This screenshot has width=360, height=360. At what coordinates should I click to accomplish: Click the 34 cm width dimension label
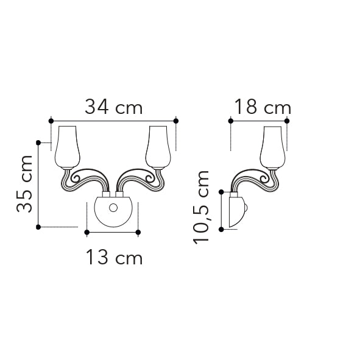click(x=114, y=107)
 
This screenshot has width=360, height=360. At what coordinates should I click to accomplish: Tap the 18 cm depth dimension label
click(x=263, y=107)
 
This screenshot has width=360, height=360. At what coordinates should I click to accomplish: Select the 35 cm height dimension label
click(x=24, y=184)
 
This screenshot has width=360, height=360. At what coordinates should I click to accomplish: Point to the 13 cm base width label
click(x=115, y=258)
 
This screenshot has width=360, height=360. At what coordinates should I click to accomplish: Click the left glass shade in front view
click(x=67, y=147)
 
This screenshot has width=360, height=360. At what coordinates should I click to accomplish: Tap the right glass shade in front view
click(x=158, y=147)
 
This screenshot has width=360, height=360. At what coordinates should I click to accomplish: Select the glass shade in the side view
click(x=272, y=147)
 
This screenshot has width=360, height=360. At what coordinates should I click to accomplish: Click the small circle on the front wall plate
click(x=113, y=208)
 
